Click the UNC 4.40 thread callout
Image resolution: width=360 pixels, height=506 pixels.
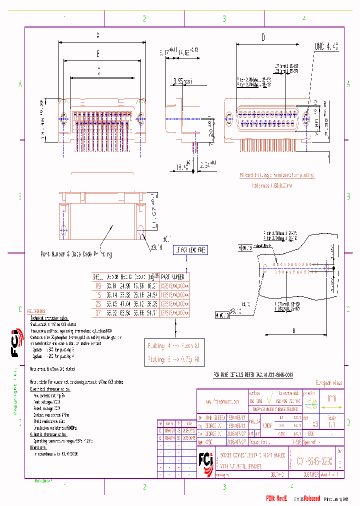[326, 46]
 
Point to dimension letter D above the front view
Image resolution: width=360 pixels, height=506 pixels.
[263, 37]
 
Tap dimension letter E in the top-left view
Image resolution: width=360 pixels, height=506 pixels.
[98, 53]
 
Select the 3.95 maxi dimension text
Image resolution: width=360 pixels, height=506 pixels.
[183, 80]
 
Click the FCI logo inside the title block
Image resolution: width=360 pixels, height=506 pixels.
[205, 459]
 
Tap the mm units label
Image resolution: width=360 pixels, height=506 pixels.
[331, 399]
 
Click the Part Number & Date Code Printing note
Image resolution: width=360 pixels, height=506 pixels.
[76, 254]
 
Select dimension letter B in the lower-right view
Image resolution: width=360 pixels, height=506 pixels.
[293, 330]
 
